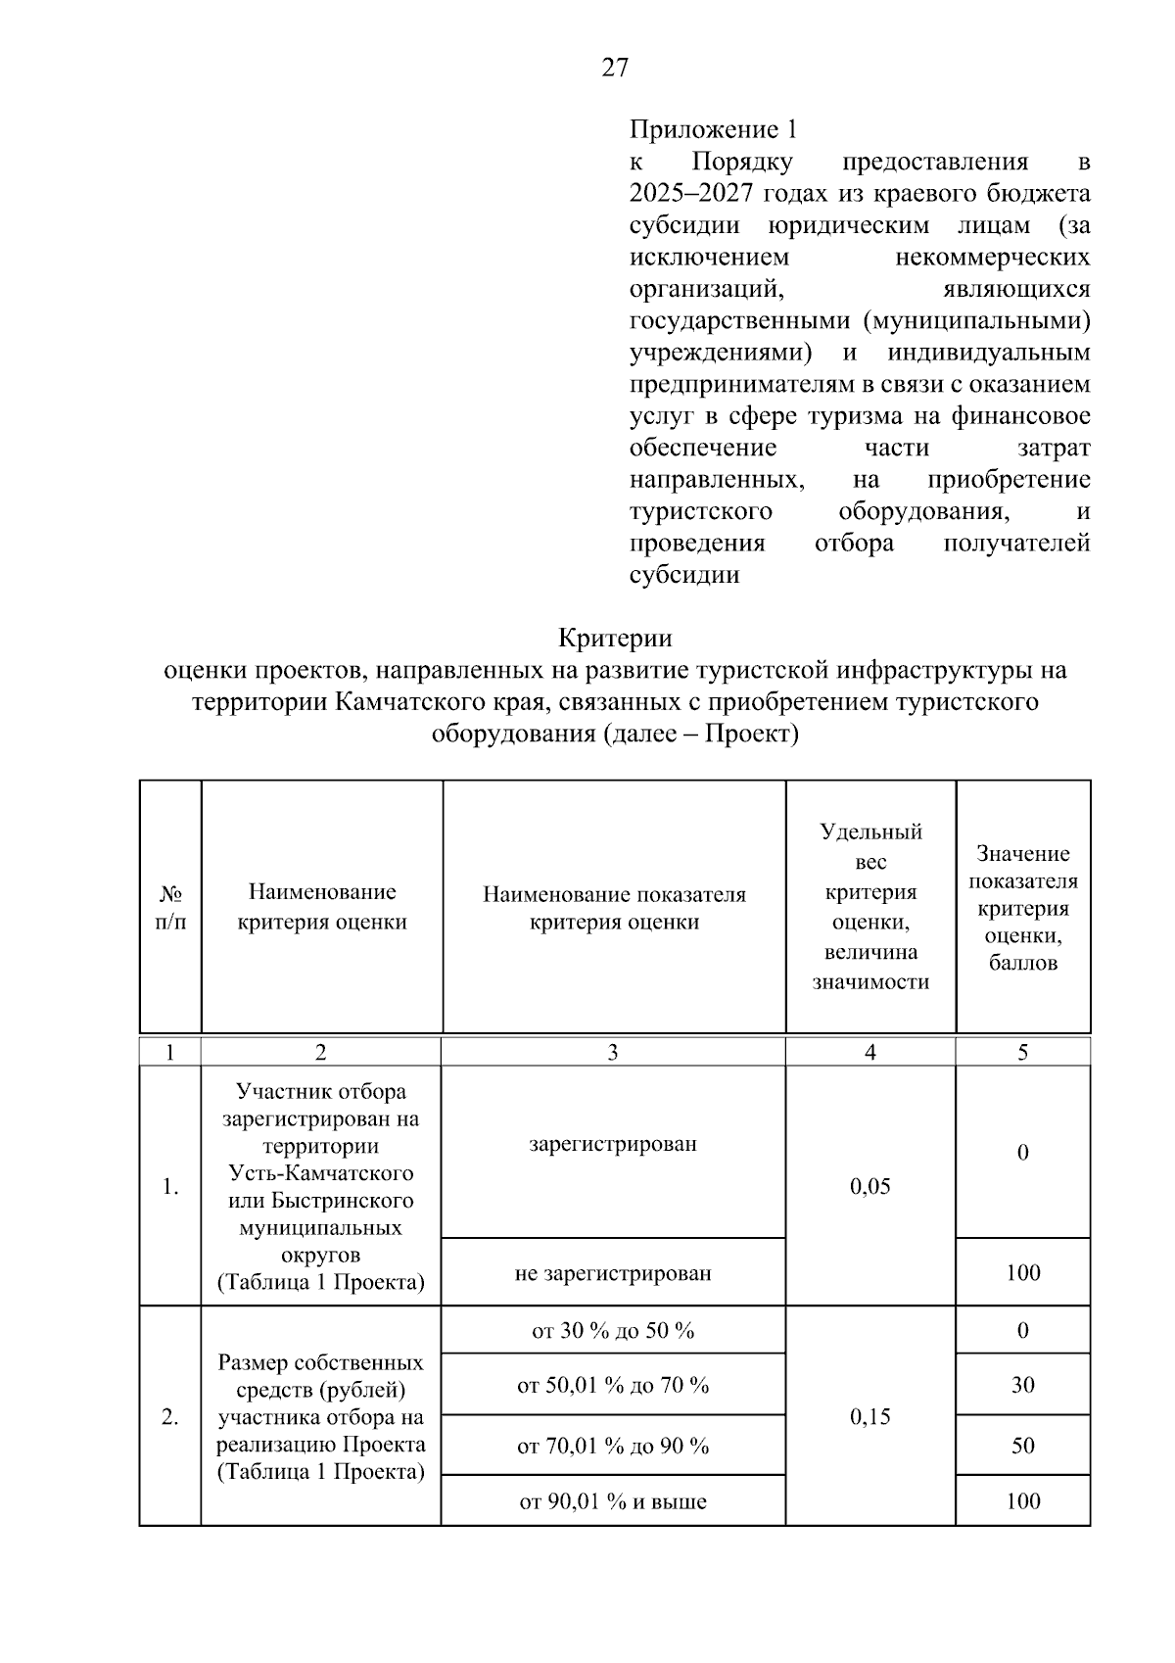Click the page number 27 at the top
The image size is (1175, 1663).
click(x=615, y=68)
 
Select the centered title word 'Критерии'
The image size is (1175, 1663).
click(x=615, y=639)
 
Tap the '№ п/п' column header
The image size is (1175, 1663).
click(x=170, y=908)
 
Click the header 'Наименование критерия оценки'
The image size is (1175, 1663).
click(x=322, y=907)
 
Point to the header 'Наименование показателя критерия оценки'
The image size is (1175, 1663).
click(x=614, y=908)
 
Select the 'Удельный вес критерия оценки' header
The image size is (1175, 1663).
click(x=870, y=907)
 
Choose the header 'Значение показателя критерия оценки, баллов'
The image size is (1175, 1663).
click(x=1023, y=908)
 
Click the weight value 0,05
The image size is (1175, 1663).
click(x=870, y=1187)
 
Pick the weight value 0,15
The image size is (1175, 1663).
click(x=870, y=1416)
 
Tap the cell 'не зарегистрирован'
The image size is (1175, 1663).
click(x=613, y=1273)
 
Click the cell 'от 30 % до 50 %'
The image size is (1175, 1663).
click(x=613, y=1330)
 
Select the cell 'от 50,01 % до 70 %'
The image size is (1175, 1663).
click(x=613, y=1385)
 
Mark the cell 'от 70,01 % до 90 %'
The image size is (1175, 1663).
click(x=613, y=1446)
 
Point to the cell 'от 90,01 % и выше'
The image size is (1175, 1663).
click(x=613, y=1501)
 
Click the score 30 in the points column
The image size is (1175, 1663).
click(x=1023, y=1385)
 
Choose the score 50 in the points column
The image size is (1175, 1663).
click(x=1023, y=1446)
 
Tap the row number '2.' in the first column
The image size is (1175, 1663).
click(x=170, y=1417)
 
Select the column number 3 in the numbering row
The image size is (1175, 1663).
click(x=613, y=1053)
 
